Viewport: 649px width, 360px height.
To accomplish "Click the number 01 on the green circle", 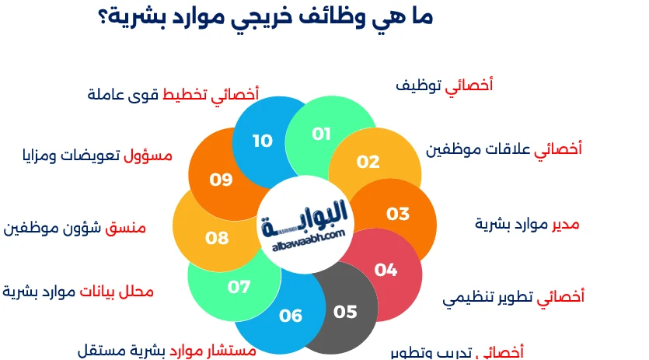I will [x=322, y=134].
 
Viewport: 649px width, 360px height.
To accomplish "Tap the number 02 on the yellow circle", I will [x=368, y=162].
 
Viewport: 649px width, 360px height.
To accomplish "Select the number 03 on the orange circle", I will [x=397, y=213].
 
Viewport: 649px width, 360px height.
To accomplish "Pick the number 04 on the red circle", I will [x=386, y=270].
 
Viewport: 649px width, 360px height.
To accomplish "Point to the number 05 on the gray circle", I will [x=345, y=312].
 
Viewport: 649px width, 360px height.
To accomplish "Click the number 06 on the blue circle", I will [x=291, y=316].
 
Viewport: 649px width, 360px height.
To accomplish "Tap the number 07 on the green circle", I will [x=239, y=286].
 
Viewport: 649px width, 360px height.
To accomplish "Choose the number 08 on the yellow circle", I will [x=217, y=238].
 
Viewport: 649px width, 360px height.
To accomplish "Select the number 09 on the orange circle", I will [x=222, y=180].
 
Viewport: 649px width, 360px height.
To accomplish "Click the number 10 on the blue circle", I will [x=263, y=141].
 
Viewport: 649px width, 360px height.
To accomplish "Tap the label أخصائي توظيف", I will [x=445, y=86].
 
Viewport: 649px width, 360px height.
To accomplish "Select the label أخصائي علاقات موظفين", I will [x=504, y=149].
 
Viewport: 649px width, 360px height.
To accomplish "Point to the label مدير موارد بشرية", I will [x=527, y=224].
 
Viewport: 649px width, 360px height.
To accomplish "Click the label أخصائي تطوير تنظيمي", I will [x=514, y=296].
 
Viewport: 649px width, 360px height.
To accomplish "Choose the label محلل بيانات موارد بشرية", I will [x=78, y=292].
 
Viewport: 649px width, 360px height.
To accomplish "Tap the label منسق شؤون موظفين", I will [x=75, y=228].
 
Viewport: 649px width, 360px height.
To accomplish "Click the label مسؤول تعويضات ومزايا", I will [x=97, y=156].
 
